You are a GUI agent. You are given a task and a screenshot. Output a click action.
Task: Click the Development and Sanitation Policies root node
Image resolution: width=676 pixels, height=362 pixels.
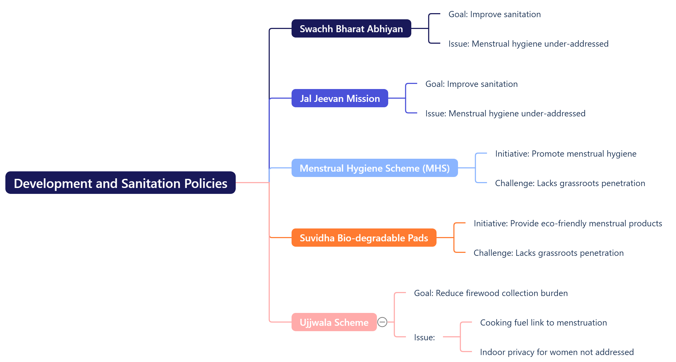120,183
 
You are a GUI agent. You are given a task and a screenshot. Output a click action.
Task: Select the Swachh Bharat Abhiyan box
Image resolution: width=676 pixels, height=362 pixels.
351,29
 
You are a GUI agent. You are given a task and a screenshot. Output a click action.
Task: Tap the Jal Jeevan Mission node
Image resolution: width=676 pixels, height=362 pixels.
340,98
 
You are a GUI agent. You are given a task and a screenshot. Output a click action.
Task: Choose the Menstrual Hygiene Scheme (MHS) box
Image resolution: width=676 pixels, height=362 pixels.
375,168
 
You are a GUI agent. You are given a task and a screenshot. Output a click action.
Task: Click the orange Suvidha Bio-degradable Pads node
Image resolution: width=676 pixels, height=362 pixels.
364,238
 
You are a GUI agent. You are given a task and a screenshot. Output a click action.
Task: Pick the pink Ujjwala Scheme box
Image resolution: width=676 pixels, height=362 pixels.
334,322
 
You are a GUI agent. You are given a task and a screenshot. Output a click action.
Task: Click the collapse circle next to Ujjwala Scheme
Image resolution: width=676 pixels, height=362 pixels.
382,322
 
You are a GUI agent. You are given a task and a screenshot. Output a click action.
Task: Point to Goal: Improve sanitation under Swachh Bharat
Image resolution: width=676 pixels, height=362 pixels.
495,14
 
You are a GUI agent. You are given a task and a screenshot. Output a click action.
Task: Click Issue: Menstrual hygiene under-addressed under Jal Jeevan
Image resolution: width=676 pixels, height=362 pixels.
505,113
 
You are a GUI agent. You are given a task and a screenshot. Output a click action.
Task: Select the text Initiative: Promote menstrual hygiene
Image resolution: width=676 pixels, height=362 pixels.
566,154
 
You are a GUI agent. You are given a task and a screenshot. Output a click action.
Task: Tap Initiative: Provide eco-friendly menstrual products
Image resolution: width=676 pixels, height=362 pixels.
568,223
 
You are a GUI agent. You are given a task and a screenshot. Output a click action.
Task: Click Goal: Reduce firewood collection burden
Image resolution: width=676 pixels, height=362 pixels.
491,293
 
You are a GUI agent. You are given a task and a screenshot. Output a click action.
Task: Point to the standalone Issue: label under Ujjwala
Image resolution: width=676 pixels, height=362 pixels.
424,337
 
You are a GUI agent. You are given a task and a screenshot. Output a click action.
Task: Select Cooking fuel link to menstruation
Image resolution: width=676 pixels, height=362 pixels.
543,323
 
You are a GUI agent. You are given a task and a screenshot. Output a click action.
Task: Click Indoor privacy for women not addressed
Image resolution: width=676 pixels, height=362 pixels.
557,352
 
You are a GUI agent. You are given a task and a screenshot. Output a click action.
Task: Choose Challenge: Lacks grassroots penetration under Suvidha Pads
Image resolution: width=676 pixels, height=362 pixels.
548,253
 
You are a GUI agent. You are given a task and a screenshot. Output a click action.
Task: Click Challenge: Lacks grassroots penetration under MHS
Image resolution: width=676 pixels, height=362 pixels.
570,183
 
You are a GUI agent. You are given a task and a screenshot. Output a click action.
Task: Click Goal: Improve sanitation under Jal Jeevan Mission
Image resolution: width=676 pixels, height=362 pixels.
471,84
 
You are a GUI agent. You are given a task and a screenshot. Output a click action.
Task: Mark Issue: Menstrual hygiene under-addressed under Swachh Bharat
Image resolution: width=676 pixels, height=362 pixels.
528,44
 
